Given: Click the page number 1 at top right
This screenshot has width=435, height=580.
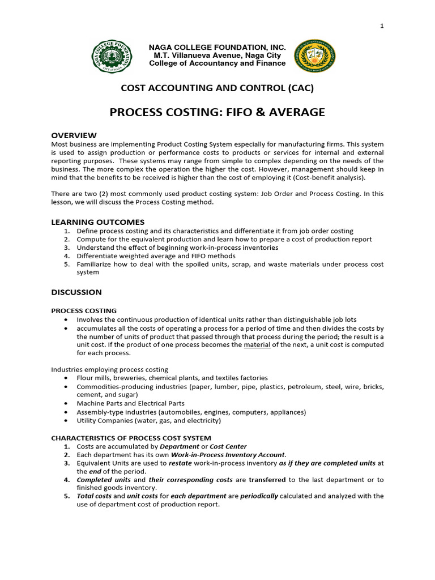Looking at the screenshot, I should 382,26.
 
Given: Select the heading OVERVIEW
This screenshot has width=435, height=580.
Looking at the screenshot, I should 74,135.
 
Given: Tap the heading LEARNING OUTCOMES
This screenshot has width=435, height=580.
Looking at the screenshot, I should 98,222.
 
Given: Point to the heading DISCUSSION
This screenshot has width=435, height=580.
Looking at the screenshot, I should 76,292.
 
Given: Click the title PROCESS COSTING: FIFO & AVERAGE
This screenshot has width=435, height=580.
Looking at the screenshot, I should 217,112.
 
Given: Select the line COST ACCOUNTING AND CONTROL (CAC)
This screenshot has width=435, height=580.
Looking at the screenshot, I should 217,88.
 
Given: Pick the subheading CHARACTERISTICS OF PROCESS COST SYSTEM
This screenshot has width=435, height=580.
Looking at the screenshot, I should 131,438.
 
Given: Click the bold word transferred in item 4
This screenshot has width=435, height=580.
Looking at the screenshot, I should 267,480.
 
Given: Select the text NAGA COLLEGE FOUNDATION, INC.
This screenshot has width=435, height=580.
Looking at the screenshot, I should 217,47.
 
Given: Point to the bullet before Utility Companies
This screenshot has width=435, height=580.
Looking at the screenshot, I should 67,421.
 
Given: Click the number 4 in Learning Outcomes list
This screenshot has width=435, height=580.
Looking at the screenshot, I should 66,256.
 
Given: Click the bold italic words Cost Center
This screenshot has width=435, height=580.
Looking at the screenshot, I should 228,446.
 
